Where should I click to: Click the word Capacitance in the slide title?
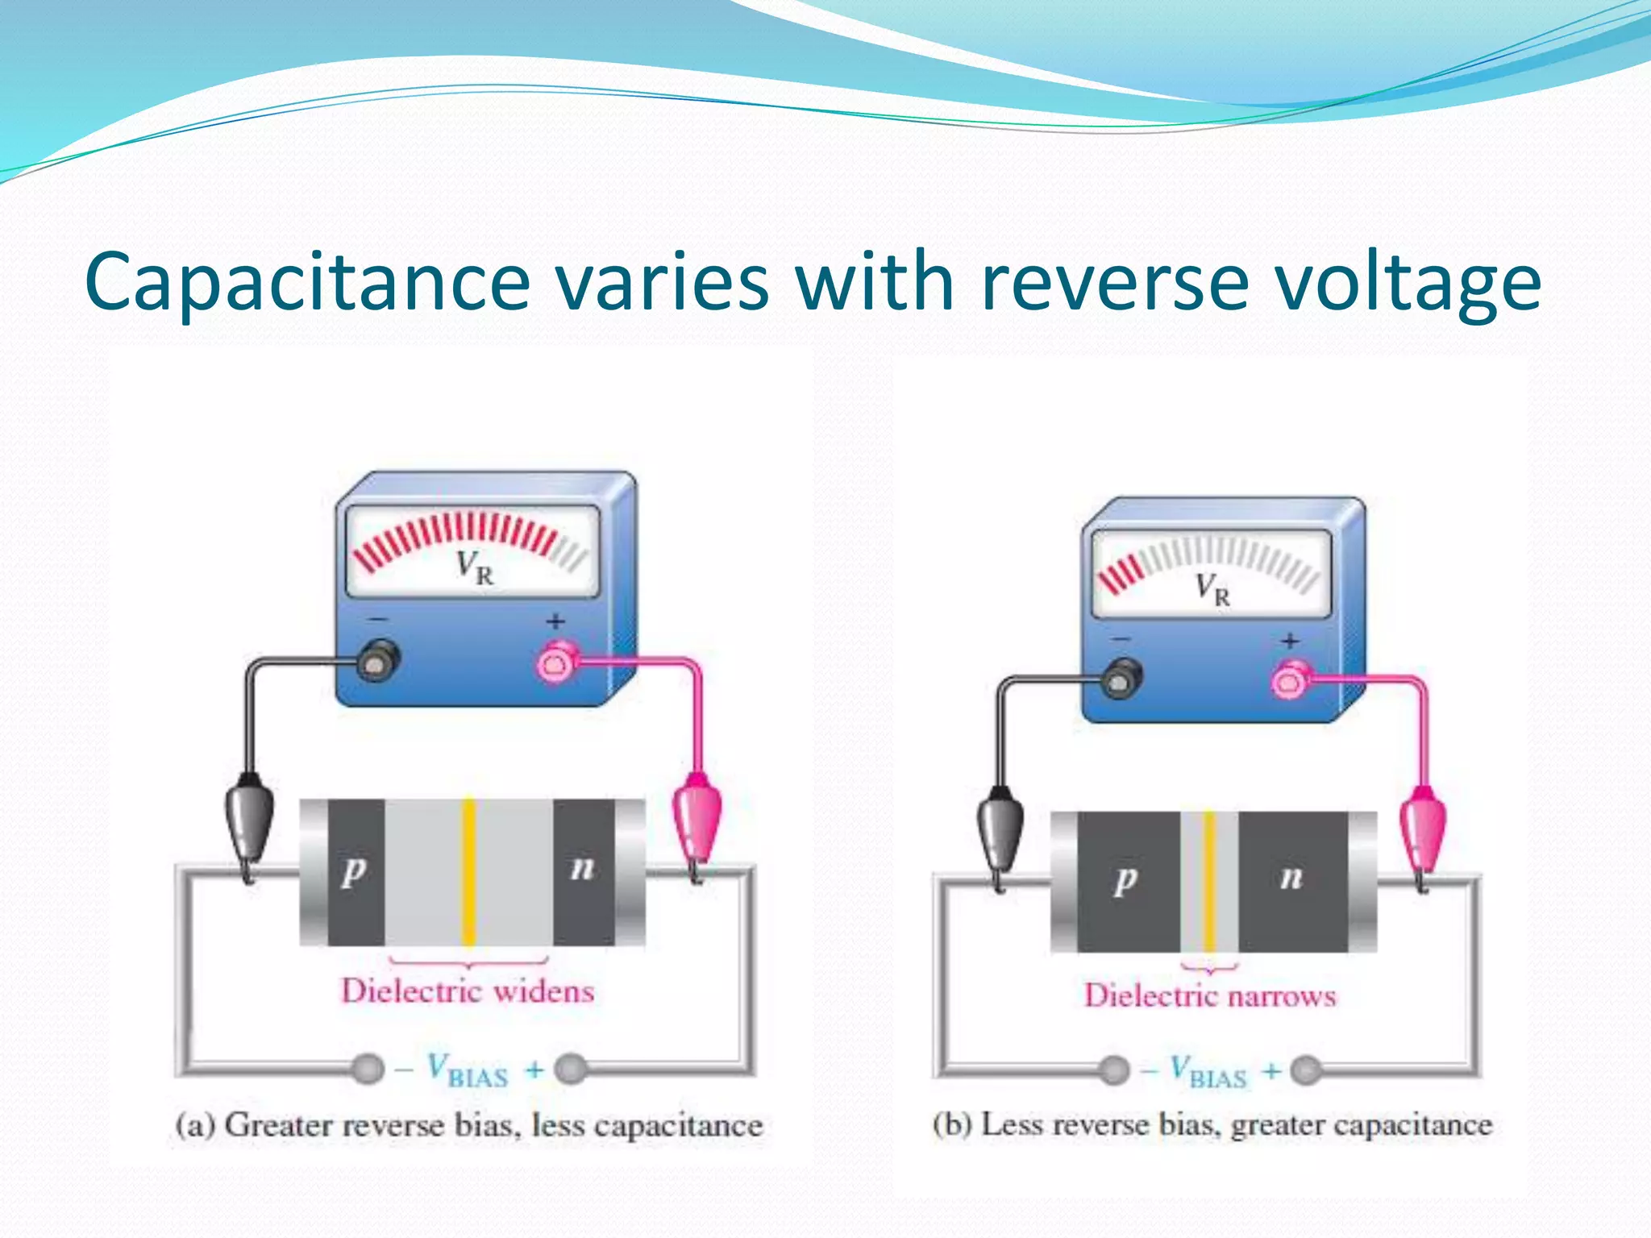click(306, 282)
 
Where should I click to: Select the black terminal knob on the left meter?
click(376, 661)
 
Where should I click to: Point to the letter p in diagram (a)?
click(353, 870)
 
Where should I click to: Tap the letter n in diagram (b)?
click(1291, 876)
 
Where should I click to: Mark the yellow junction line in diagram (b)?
click(1208, 882)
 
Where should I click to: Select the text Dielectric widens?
click(468, 991)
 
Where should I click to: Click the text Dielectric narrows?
click(1209, 996)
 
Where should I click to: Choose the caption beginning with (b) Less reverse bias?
click(1212, 1124)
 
